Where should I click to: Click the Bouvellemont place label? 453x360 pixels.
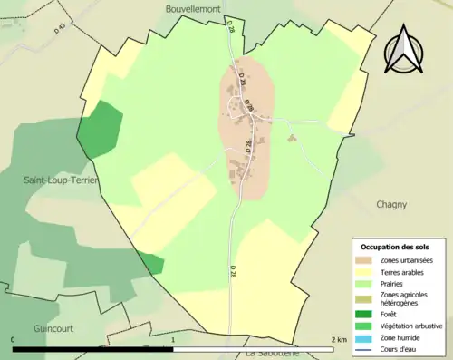click(195, 8)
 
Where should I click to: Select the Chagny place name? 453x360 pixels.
click(391, 205)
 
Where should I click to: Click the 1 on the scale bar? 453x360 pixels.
click(173, 340)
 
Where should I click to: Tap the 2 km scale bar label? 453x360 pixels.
click(339, 340)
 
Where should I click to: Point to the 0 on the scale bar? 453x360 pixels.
click(14, 340)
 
